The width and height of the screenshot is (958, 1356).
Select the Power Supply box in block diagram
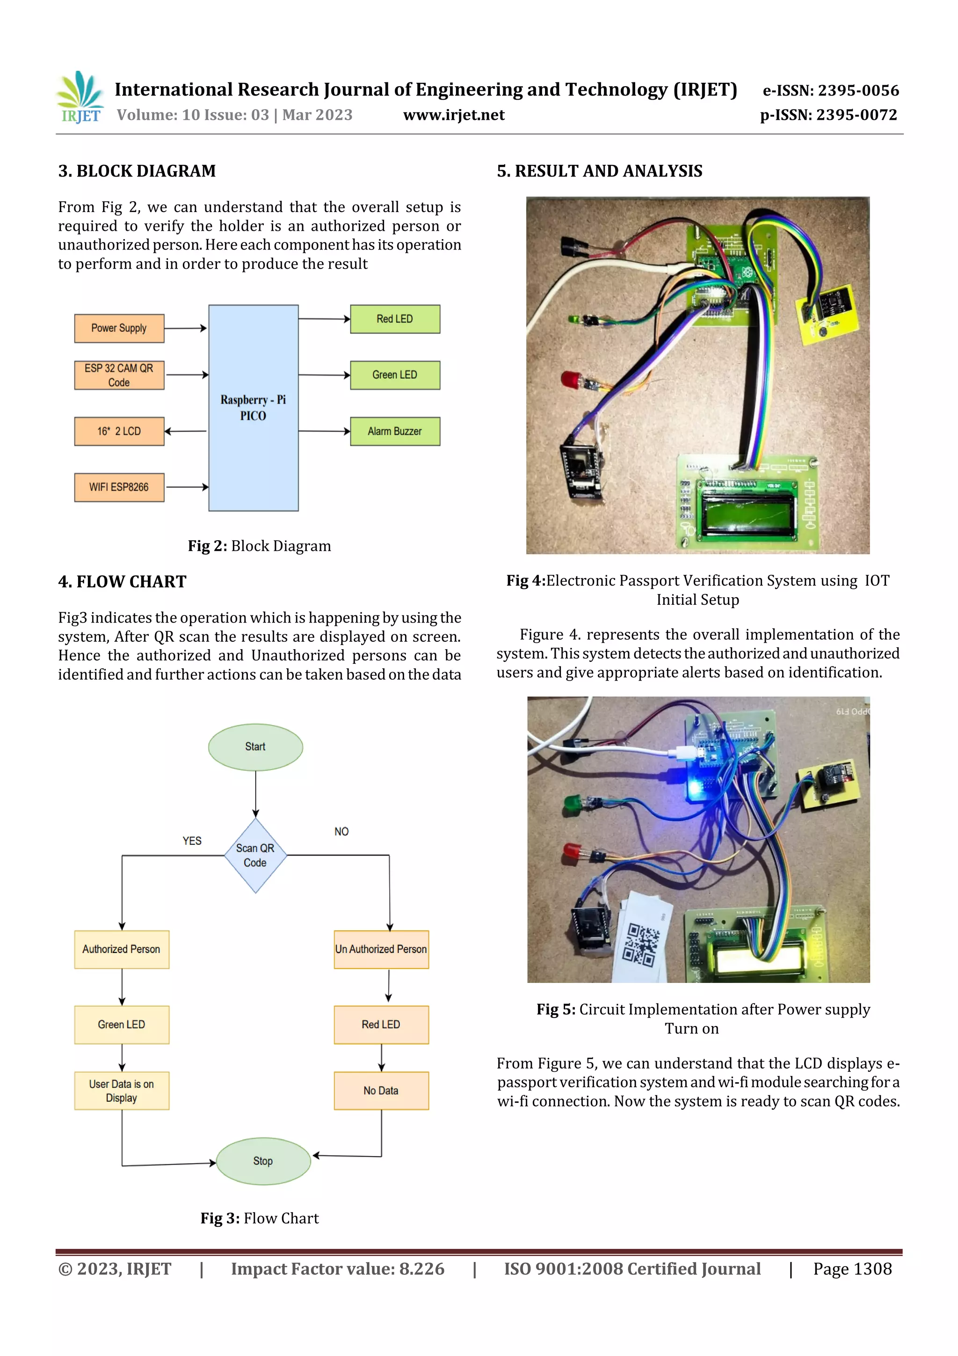tap(119, 329)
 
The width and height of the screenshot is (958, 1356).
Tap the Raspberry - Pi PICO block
tap(253, 408)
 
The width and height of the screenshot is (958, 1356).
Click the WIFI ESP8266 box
tap(119, 487)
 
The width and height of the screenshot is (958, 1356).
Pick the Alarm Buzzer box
tap(395, 431)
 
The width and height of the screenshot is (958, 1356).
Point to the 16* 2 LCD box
tap(119, 431)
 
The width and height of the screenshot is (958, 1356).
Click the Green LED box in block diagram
tap(395, 375)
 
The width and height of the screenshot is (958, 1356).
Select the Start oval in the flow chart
tap(255, 747)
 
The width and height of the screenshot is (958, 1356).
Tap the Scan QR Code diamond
tap(255, 855)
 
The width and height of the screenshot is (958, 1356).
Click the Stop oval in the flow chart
tap(263, 1161)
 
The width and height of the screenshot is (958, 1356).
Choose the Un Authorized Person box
tap(381, 949)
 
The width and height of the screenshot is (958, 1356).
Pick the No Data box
tap(381, 1091)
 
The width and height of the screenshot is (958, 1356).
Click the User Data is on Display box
tap(122, 1091)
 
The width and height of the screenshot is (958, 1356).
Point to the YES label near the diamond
tap(192, 841)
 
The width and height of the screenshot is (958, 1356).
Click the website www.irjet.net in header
tap(453, 115)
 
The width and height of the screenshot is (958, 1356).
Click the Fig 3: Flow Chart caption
tap(259, 1218)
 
